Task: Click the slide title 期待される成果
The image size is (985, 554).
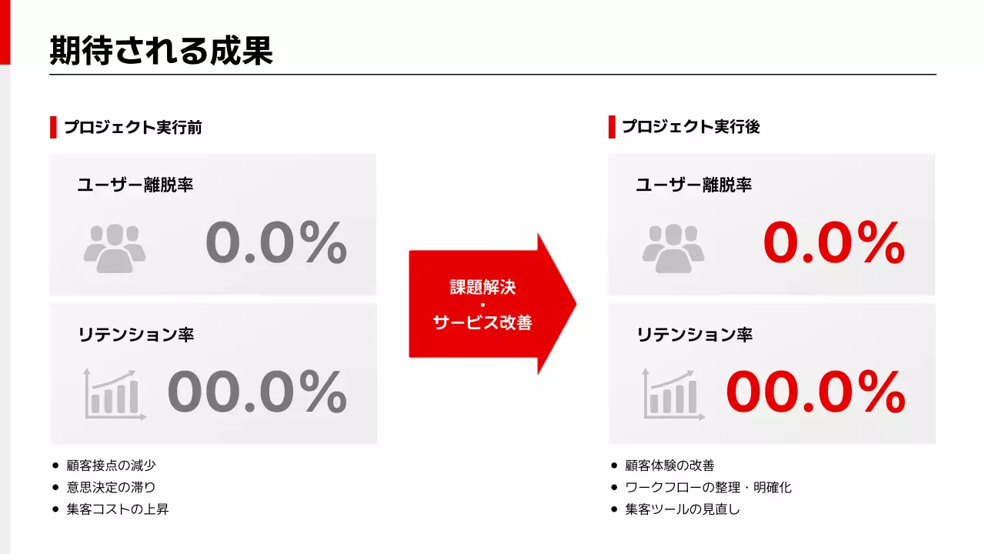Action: [x=161, y=51]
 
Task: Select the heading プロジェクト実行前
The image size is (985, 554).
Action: [x=133, y=128]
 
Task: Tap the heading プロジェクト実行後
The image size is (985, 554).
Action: [x=691, y=128]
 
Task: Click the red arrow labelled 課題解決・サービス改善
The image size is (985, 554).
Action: [x=485, y=305]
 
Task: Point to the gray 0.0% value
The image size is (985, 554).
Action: [x=276, y=243]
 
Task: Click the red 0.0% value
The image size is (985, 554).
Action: [x=834, y=243]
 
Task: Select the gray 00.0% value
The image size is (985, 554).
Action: [x=257, y=392]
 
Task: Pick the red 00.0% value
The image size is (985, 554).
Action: [x=816, y=392]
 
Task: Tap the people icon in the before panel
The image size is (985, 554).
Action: [x=115, y=249]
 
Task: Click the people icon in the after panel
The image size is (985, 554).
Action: [x=673, y=249]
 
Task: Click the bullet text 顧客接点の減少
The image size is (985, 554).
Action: [x=111, y=466]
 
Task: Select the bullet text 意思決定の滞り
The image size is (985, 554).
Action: [x=111, y=487]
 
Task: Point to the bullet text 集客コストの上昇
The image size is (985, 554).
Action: [x=117, y=509]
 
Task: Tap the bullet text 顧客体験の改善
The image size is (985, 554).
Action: [x=669, y=466]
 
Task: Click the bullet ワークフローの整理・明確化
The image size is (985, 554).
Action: [x=708, y=487]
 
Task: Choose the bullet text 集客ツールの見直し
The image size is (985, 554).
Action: [x=683, y=509]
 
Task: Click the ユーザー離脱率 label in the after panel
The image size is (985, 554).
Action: [x=693, y=185]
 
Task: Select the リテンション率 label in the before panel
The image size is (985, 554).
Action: [x=135, y=335]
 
